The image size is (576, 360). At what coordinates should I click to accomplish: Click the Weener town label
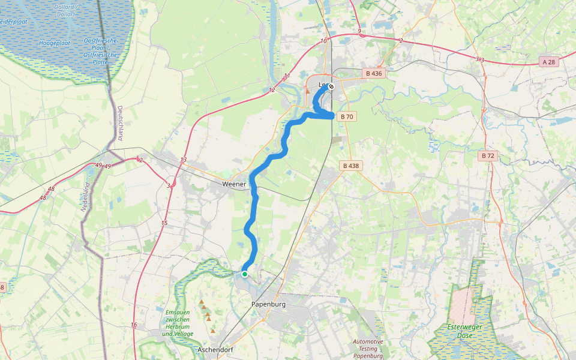click(x=234, y=184)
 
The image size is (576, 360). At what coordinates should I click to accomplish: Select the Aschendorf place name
click(x=215, y=349)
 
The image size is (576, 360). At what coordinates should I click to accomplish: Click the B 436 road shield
click(x=373, y=73)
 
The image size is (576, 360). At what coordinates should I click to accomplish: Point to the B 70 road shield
click(x=346, y=117)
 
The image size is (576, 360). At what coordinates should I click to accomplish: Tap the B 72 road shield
click(x=487, y=155)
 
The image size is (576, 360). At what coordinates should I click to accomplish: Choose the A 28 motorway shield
click(x=548, y=62)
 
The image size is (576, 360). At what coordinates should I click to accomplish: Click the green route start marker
click(x=245, y=274)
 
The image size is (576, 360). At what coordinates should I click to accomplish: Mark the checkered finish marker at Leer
click(x=331, y=86)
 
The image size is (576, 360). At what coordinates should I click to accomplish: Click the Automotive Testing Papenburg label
click(x=368, y=349)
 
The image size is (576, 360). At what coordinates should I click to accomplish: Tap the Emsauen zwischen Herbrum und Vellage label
click(x=178, y=323)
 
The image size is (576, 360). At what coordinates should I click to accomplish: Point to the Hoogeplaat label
click(x=55, y=43)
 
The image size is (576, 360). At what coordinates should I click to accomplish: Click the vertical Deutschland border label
click(x=120, y=123)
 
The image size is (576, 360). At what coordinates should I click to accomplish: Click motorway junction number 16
click(x=133, y=325)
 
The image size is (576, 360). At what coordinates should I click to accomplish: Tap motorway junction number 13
click(x=184, y=160)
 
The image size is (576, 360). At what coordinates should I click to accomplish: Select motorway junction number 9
click(x=359, y=31)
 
